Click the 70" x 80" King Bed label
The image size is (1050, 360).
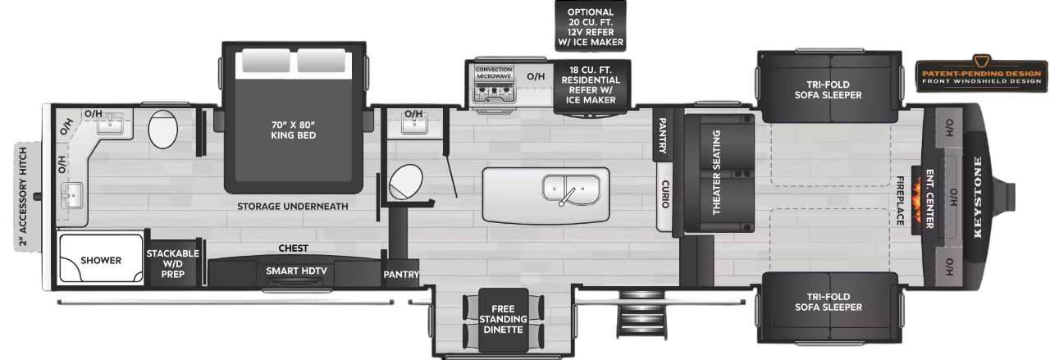pyautogui.click(x=293, y=130)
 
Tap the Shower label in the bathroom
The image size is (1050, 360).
pyautogui.click(x=101, y=261)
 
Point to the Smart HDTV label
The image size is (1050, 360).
pyautogui.click(x=292, y=271)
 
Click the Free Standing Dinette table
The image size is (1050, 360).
pyautogui.click(x=502, y=319)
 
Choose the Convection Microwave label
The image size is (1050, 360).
pyautogui.click(x=494, y=72)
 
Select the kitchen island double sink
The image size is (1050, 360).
pyautogui.click(x=571, y=189)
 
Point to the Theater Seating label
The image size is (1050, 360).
pyautogui.click(x=716, y=172)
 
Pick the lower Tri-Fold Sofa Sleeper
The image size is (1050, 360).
pyautogui.click(x=828, y=302)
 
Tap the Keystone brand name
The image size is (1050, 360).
pyautogui.click(x=978, y=196)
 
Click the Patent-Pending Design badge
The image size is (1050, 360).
pyautogui.click(x=980, y=74)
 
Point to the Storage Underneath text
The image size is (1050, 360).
pyautogui.click(x=293, y=206)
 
